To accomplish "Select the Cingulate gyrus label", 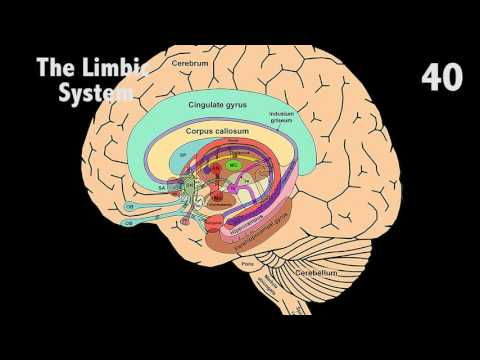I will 218,104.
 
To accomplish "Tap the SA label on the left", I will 161,185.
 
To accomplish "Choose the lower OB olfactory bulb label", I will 130,224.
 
